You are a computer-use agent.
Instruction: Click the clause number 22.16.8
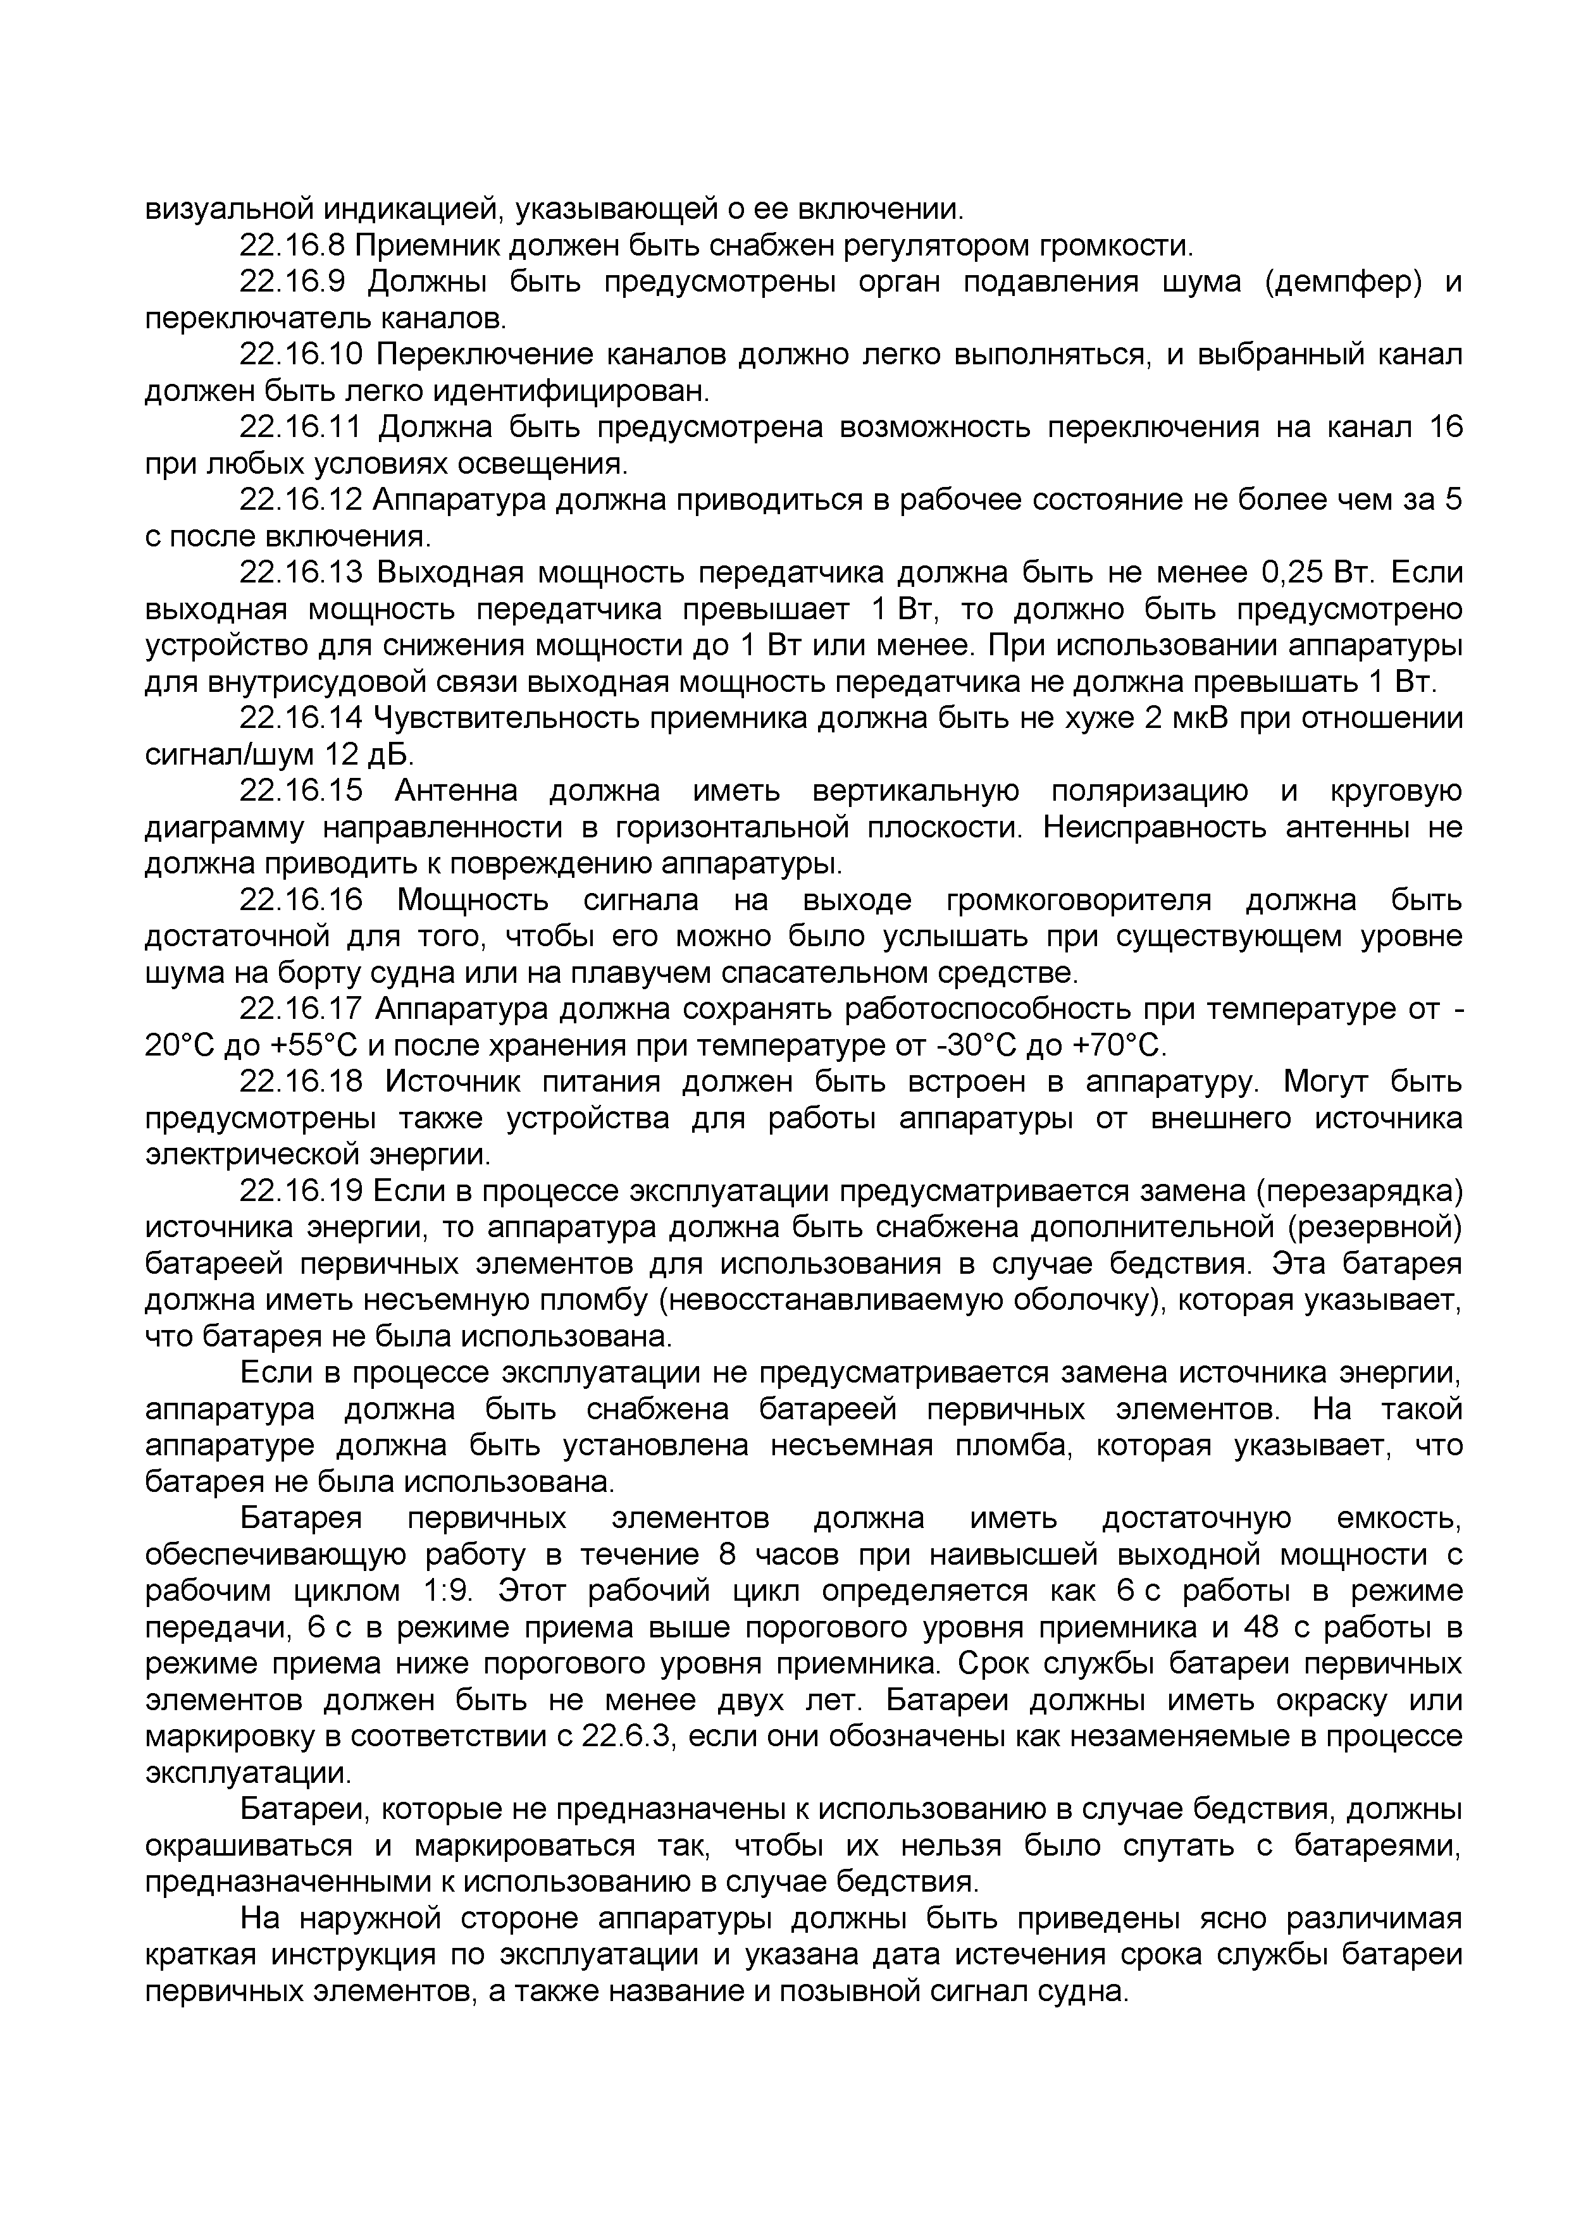[291, 246]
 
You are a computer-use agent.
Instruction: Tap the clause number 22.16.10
[301, 355]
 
